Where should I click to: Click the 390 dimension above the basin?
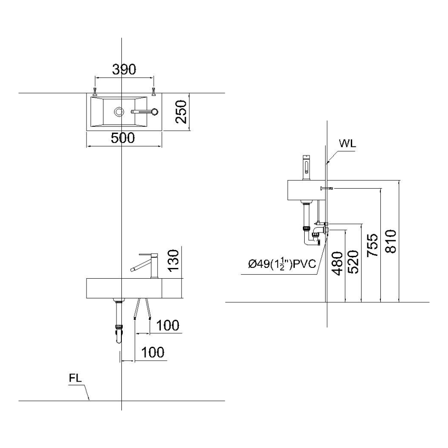coord(124,69)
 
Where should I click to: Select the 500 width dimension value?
coord(123,138)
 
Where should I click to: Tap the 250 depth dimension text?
coord(181,112)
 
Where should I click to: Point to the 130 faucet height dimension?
coord(173,261)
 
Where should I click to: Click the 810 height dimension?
coord(391,241)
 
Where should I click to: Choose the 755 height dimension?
coord(373,245)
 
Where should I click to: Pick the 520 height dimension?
coord(354,262)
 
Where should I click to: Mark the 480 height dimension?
coord(338,263)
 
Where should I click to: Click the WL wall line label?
coord(348,143)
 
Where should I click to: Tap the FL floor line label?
coord(75,378)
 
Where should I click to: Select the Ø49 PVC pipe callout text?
coord(282,264)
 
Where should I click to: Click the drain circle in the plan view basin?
coord(119,112)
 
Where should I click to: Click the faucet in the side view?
coord(306,168)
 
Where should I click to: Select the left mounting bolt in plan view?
coord(95,91)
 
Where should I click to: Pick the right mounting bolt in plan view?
coord(154,91)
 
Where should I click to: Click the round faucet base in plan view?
coord(155,112)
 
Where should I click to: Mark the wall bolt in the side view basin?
coord(326,188)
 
